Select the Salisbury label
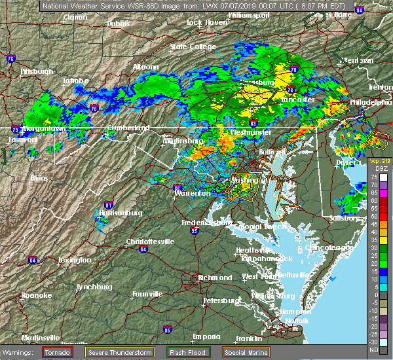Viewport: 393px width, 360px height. click(x=345, y=218)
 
